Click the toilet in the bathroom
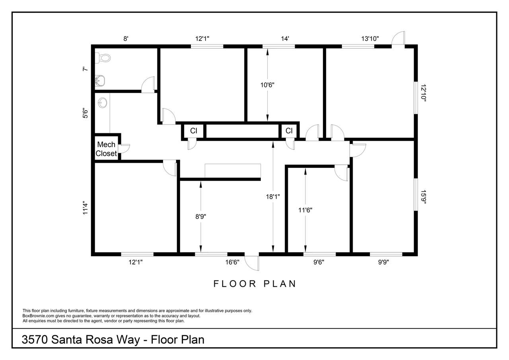pyautogui.click(x=103, y=58)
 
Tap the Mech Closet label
pyautogui.click(x=106, y=149)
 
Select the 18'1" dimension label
pyautogui.click(x=273, y=197)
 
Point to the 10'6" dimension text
pyautogui.click(x=267, y=85)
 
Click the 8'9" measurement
pyautogui.click(x=201, y=216)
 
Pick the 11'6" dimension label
pyautogui.click(x=305, y=210)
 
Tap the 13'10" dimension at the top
pyautogui.click(x=370, y=39)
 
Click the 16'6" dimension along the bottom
pyautogui.click(x=232, y=262)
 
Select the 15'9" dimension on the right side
pyautogui.click(x=424, y=197)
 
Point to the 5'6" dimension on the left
pyautogui.click(x=85, y=113)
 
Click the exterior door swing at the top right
pyautogui.click(x=398, y=38)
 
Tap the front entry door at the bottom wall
pyautogui.click(x=252, y=263)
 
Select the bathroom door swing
pyautogui.click(x=148, y=85)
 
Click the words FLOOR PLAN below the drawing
pyautogui.click(x=254, y=284)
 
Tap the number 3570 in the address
pyautogui.click(x=35, y=340)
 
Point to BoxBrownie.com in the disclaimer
pyautogui.click(x=38, y=316)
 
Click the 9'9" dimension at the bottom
pyautogui.click(x=383, y=262)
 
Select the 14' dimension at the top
pyautogui.click(x=285, y=39)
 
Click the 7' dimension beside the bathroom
pyautogui.click(x=85, y=69)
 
